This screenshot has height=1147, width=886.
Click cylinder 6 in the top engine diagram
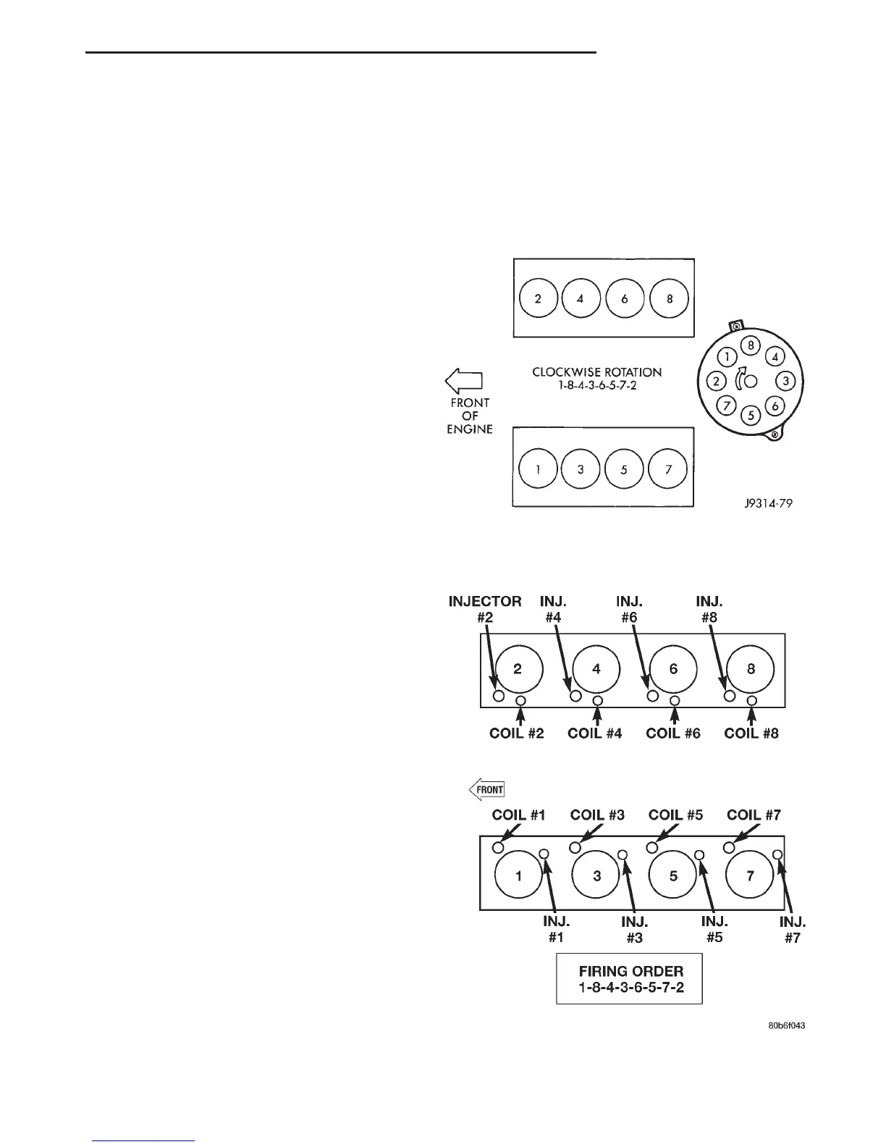pos(625,298)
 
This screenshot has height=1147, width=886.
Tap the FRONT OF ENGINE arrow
pos(463,381)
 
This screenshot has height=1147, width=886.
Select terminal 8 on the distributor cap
pos(751,345)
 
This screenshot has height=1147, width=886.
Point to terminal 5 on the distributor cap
pos(751,416)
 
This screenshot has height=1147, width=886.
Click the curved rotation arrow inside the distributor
pos(738,379)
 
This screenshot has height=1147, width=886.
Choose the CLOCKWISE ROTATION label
pos(597,372)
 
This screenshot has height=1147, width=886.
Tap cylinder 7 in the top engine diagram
pos(669,469)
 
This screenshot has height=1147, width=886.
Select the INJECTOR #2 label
pos(485,609)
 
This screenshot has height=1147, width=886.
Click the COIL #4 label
pos(595,733)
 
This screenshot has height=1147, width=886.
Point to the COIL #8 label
pos(751,733)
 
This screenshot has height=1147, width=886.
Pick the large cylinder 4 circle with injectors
pos(596,669)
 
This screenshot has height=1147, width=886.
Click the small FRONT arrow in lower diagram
pos(486,789)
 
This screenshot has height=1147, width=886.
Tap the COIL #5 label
pos(675,815)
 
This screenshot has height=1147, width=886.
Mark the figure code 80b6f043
pos(787,1026)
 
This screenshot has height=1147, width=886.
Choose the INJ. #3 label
pos(635,930)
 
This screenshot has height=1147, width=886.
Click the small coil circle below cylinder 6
pos(675,701)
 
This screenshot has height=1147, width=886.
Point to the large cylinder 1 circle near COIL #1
pos(518,875)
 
